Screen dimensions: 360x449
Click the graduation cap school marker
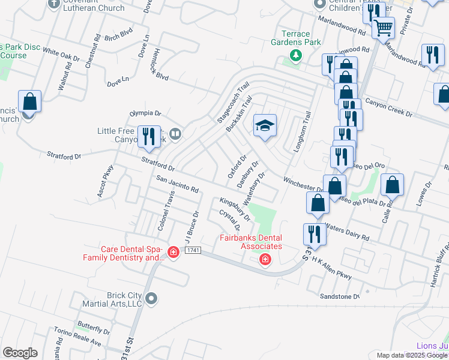pyautogui.click(x=265, y=125)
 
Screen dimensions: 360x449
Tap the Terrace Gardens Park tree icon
pyautogui.click(x=295, y=56)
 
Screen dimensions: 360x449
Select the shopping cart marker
pyautogui.click(x=383, y=27)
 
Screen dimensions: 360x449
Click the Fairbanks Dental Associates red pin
pyautogui.click(x=265, y=259)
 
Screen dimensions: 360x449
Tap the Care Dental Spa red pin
pyautogui.click(x=173, y=253)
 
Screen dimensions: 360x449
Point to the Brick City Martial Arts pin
pyautogui.click(x=151, y=298)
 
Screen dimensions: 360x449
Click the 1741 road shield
pyautogui.click(x=192, y=250)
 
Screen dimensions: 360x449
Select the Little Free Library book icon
pyautogui.click(x=175, y=134)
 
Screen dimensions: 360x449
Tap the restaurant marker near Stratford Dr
pyautogui.click(x=148, y=137)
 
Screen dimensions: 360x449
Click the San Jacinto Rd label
pyautogui.click(x=177, y=184)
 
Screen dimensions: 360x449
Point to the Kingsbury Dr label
pyautogui.click(x=234, y=206)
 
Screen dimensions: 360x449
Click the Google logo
pyautogui.click(x=20, y=352)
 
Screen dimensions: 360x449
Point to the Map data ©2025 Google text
pyautogui.click(x=412, y=355)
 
